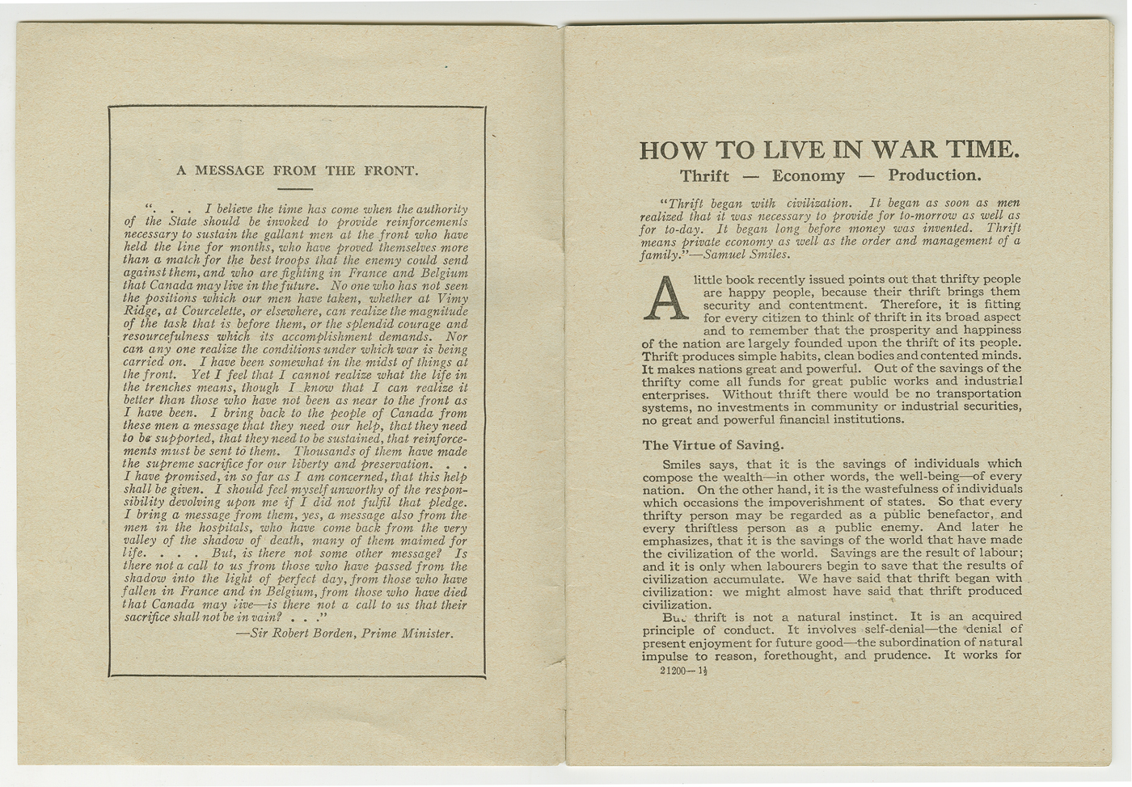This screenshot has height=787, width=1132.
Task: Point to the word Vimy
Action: [x=452, y=298]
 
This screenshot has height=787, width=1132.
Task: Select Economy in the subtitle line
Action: [x=808, y=176]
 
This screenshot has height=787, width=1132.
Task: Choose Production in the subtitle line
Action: [x=934, y=175]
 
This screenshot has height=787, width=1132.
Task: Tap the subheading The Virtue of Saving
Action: [x=713, y=445]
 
